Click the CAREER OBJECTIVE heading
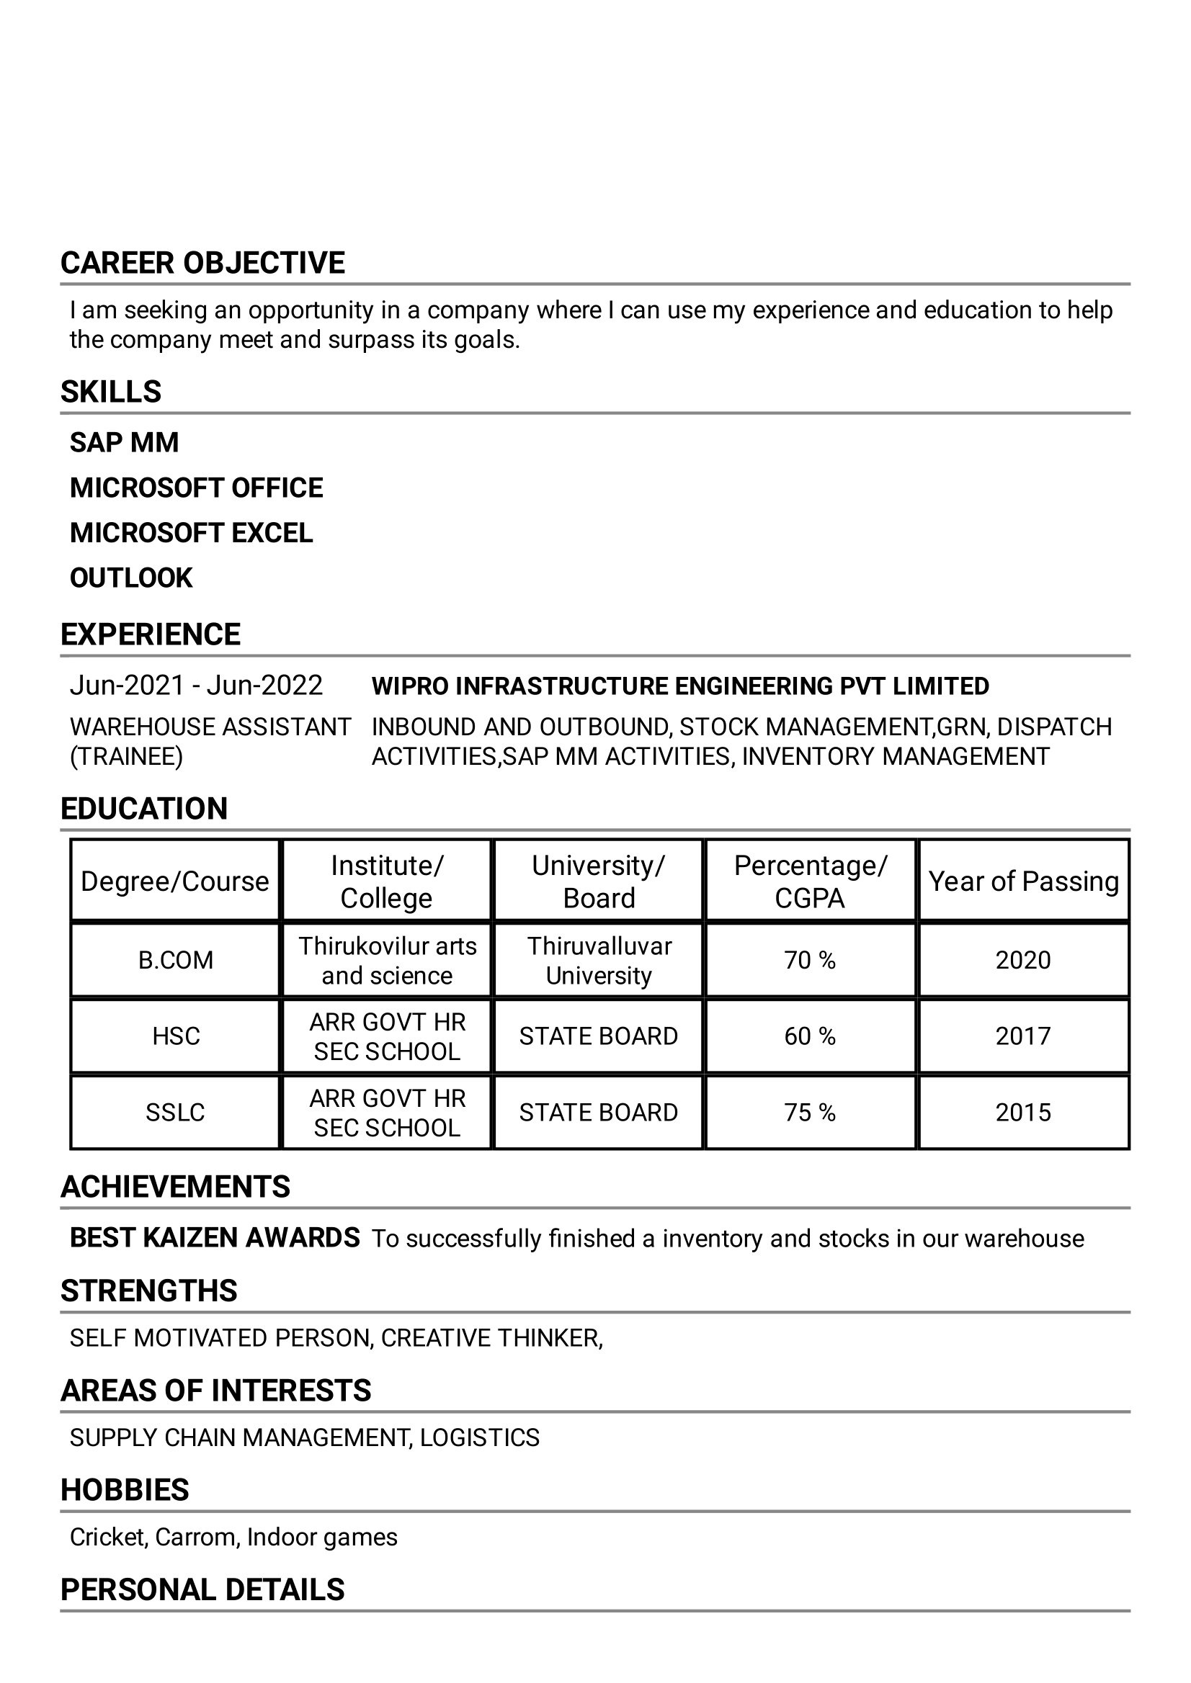click(202, 263)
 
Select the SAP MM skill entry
click(124, 443)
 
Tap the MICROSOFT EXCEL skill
click(191, 533)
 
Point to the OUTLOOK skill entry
click(130, 578)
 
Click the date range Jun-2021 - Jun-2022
click(196, 686)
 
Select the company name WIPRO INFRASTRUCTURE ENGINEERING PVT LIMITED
click(680, 686)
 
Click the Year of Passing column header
click(1023, 881)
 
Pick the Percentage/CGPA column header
click(810, 881)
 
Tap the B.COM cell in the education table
click(175, 960)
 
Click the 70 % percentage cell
click(810, 960)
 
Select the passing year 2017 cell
click(1023, 1036)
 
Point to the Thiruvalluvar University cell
click(599, 960)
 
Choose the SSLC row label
click(175, 1113)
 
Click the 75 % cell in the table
click(810, 1113)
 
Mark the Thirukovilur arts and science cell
click(387, 960)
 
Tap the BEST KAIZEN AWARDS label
click(214, 1238)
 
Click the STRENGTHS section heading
click(149, 1291)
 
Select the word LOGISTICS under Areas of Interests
click(480, 1437)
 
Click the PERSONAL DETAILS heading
click(202, 1590)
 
